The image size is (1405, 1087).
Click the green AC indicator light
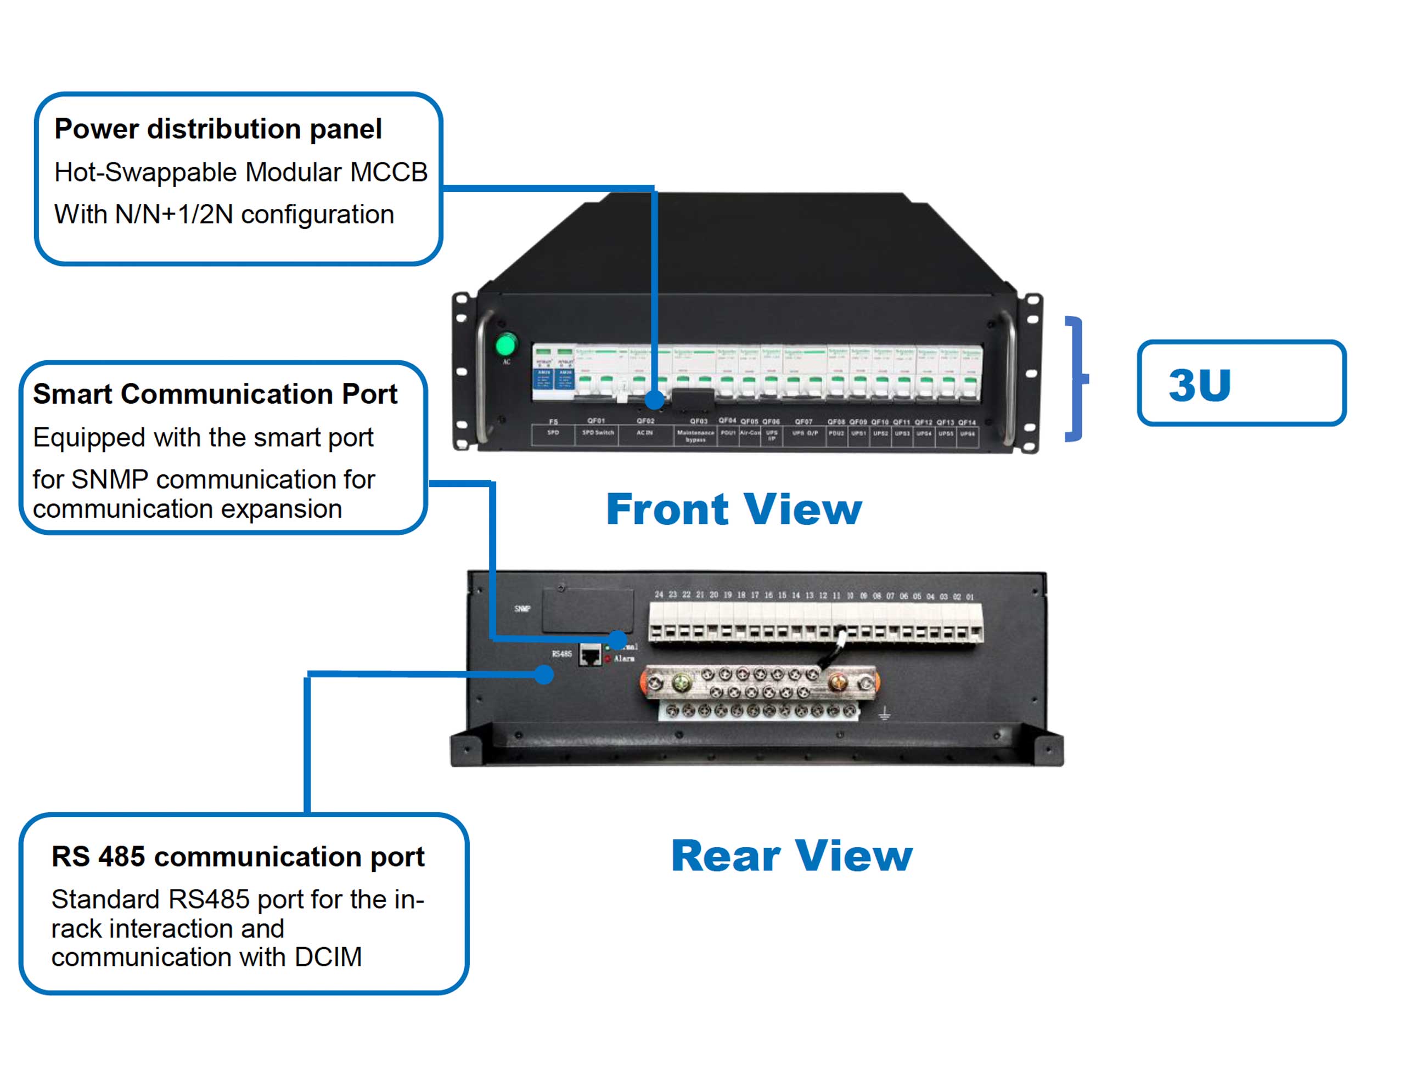click(x=505, y=344)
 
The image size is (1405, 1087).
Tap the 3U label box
click(x=1241, y=383)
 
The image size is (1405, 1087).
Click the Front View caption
click(x=733, y=509)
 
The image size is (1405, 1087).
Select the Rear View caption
click(x=791, y=856)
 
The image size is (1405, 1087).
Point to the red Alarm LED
click(x=608, y=659)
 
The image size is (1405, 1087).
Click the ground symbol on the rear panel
click(x=885, y=713)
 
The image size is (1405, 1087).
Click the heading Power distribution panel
click(x=218, y=129)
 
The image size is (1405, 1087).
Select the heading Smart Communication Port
click(x=215, y=394)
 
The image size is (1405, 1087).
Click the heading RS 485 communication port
click(x=238, y=857)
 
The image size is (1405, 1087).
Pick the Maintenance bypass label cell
click(x=695, y=436)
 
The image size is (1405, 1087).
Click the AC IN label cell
click(x=645, y=433)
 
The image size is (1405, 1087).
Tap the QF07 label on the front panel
click(x=803, y=422)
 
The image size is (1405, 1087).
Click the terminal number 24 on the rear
click(x=659, y=595)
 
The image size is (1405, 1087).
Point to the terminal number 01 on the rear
click(x=969, y=597)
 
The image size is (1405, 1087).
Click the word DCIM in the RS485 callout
click(x=328, y=957)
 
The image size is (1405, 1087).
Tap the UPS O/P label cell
click(x=805, y=433)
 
